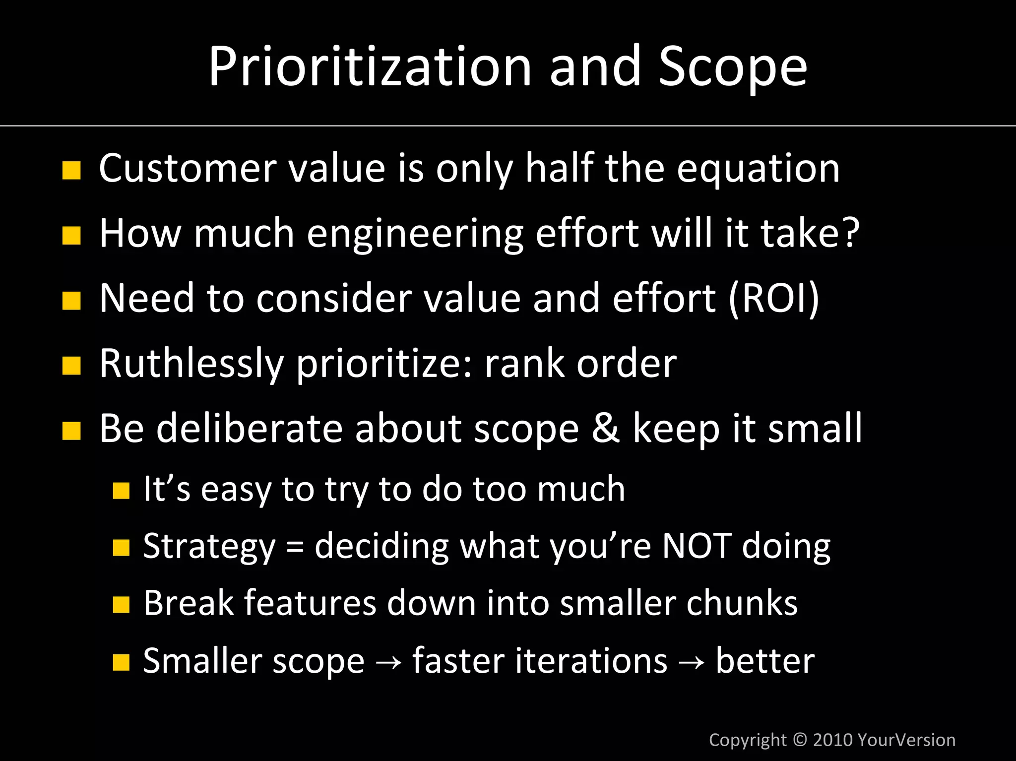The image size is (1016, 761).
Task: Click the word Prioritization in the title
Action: point(369,67)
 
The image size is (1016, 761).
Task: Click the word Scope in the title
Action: point(733,67)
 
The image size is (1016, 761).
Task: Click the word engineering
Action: point(415,234)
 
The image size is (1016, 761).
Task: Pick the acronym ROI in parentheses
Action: point(774,298)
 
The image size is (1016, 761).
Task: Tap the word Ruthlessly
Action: point(191,364)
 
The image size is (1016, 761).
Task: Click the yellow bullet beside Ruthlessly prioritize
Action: point(71,366)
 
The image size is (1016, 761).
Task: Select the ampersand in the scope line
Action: point(605,429)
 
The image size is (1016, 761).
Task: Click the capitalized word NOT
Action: point(697,546)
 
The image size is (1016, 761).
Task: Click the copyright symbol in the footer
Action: point(800,739)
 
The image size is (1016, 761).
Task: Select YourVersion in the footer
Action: point(906,740)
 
